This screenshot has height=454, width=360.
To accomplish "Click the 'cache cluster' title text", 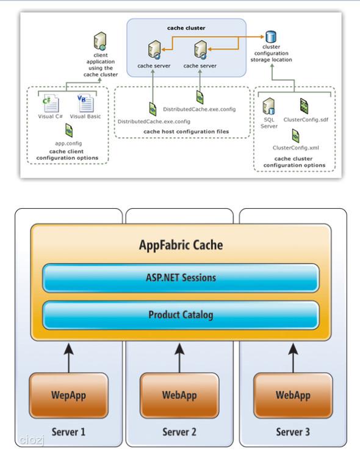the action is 186,28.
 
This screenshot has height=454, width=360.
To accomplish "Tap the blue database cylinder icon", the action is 271,37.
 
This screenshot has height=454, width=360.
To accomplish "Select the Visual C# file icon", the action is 51,103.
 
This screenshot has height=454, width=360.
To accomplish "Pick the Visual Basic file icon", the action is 85,103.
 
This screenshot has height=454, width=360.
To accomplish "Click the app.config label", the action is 68,143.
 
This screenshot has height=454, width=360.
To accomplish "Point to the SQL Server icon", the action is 268,106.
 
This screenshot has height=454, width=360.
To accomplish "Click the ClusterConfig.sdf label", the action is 306,120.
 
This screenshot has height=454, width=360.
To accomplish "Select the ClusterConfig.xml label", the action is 296,148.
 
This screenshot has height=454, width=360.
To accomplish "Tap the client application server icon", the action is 100,41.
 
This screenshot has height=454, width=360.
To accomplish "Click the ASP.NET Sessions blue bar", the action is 181,278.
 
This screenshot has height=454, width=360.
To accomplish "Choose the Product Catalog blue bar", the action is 181,315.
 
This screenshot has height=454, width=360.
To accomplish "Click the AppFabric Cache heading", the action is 181,245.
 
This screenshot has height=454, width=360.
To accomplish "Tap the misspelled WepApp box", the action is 68,395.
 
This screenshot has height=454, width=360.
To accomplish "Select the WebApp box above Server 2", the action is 179,395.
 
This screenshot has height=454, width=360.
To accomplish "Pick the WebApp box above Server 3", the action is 293,395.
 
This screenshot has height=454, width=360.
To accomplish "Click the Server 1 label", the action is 68,432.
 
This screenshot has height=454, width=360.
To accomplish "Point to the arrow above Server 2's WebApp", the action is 179,358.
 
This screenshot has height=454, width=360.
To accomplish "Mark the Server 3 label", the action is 293,432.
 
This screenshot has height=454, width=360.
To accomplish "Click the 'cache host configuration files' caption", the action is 186,132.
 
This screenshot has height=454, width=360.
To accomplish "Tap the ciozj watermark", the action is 32,441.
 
